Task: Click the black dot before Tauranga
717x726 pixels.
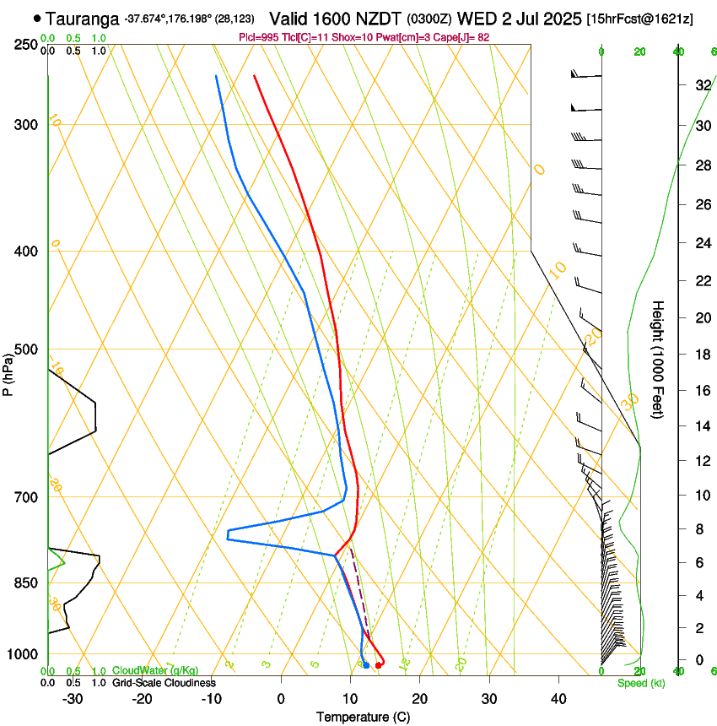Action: tap(37, 18)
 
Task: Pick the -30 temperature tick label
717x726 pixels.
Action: tap(73, 699)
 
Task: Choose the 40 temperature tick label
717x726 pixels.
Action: tap(558, 699)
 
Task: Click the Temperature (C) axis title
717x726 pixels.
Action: tap(363, 717)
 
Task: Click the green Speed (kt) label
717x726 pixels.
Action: tap(640, 683)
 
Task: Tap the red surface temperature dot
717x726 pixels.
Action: tap(379, 665)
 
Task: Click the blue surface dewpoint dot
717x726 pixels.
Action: tap(366, 666)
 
